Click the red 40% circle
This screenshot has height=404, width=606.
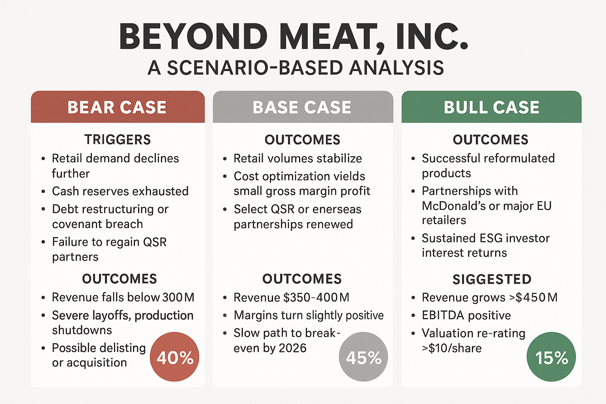pos(175,357)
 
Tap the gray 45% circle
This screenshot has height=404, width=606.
pos(363,357)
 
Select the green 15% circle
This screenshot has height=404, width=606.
pos(551,357)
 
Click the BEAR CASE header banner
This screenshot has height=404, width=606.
pos(118,107)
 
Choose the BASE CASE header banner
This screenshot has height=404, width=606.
pos(303,107)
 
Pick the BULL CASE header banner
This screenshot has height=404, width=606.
pos(491,107)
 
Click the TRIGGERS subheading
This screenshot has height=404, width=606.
pos(118,140)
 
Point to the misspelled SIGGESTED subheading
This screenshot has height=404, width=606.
pos(492,279)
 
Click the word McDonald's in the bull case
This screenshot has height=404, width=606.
pos(447,206)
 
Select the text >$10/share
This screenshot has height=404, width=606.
pos(452,348)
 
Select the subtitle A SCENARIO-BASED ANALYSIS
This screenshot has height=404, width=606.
pos(296,68)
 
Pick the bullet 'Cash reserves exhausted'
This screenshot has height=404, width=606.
pos(120,191)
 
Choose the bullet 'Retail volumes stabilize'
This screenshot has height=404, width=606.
pos(298,159)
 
